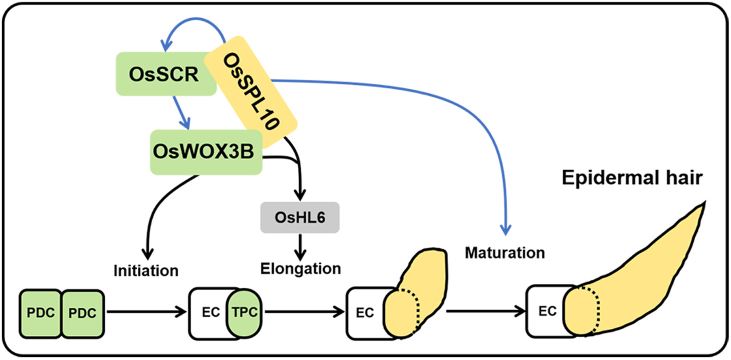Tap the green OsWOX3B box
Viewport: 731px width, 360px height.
(x=203, y=152)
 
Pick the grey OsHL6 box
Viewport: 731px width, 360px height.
(x=300, y=218)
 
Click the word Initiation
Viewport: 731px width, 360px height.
(x=146, y=271)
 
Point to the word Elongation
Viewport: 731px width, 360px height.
(x=301, y=269)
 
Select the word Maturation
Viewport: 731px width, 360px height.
(x=505, y=253)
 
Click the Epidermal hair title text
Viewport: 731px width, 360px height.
(x=632, y=178)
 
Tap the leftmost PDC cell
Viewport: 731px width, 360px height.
(x=41, y=313)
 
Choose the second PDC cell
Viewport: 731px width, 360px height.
(x=82, y=313)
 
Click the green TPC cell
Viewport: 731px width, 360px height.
(x=244, y=313)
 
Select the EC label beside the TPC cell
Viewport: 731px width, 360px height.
(x=210, y=313)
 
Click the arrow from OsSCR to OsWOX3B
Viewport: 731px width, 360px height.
(x=182, y=113)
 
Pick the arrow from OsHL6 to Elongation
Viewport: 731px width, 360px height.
(x=300, y=247)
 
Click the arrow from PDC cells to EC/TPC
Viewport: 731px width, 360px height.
(x=146, y=312)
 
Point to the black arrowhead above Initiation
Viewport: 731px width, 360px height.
(x=147, y=254)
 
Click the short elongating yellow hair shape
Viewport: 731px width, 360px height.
(x=422, y=284)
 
